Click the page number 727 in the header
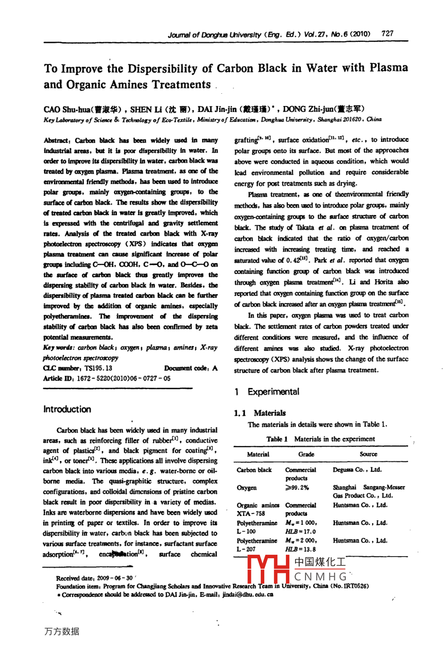click(x=387, y=34)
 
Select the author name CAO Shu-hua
click(x=66, y=109)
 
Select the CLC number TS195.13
click(x=98, y=368)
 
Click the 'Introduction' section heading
click(x=67, y=409)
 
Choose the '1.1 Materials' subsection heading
click(x=260, y=413)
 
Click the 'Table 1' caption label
click(x=277, y=439)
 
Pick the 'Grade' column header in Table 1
click(x=306, y=455)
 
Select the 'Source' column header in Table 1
click(x=368, y=455)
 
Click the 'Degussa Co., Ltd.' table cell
click(x=357, y=470)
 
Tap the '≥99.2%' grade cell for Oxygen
click(x=297, y=487)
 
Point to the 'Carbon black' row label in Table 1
click(x=254, y=470)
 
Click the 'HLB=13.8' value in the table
click(x=301, y=549)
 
